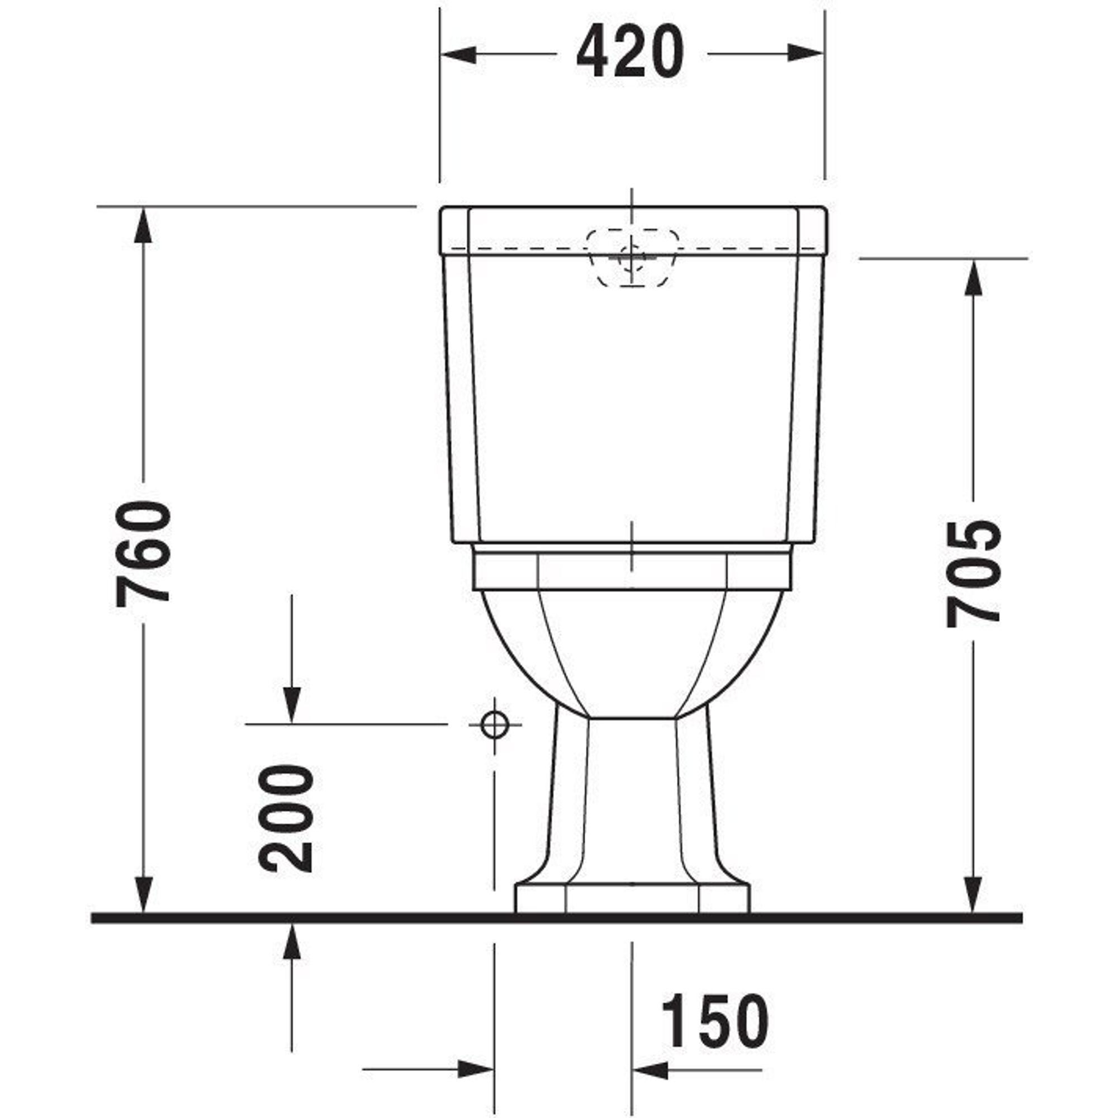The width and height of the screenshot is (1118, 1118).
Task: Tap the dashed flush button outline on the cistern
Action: [632, 259]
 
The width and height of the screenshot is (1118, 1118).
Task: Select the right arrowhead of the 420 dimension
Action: [806, 54]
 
